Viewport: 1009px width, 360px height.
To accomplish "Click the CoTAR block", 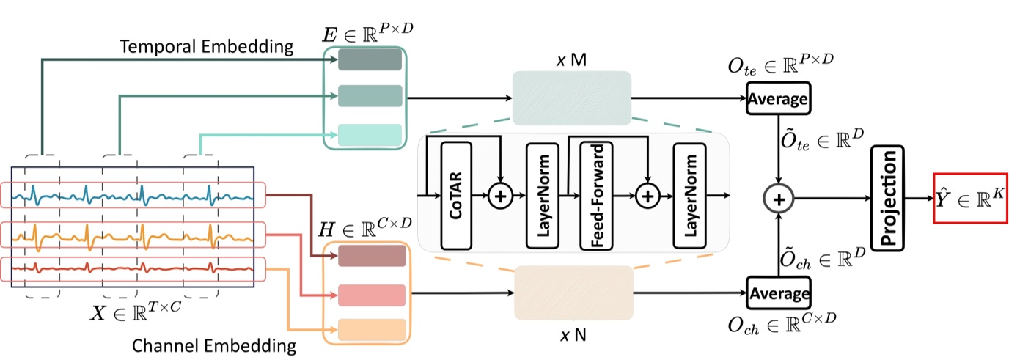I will [x=456, y=195].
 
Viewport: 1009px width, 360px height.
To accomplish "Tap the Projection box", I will [x=887, y=197].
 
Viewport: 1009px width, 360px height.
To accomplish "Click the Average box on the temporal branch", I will [x=777, y=98].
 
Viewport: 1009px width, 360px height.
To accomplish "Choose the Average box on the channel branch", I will [x=777, y=293].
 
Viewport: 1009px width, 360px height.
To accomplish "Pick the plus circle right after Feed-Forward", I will [x=647, y=196].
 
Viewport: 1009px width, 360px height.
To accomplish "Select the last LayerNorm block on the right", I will [x=689, y=195].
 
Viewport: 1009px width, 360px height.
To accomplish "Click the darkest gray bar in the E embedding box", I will [x=370, y=59].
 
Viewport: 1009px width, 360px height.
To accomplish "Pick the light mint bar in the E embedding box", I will [x=370, y=134].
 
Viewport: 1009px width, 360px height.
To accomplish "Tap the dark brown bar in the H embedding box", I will [x=372, y=256].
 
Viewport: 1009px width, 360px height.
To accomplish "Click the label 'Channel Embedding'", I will [x=214, y=345].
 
